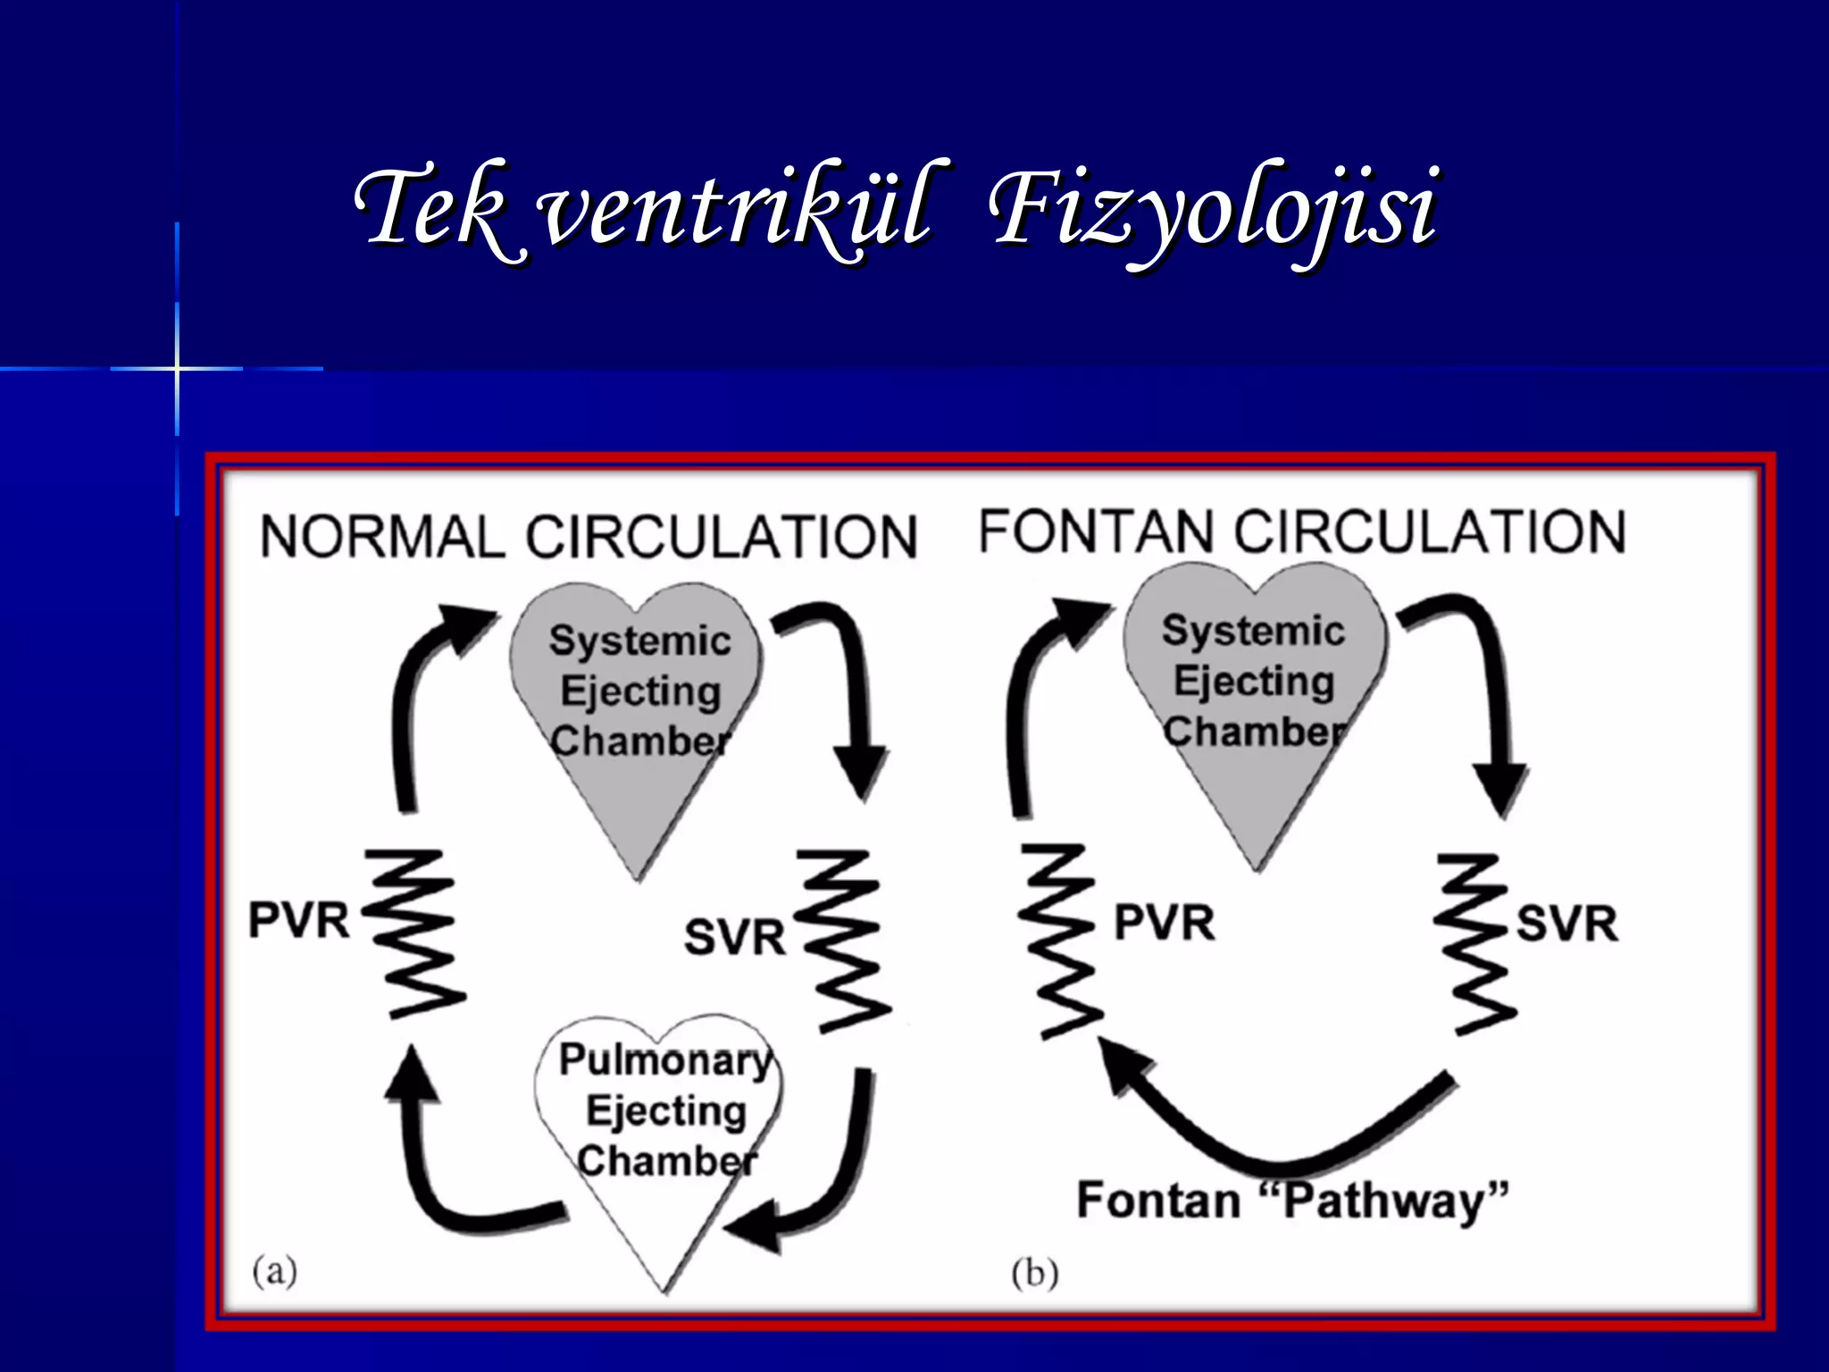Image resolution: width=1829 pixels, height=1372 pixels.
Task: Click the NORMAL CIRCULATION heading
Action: tap(589, 537)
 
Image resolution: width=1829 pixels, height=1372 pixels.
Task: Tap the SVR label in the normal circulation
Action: tap(734, 938)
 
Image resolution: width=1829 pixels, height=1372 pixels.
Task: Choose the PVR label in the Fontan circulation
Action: tap(1165, 923)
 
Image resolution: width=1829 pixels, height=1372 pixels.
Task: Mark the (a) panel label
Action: tap(274, 1269)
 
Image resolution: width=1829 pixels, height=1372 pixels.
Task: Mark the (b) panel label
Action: tap(1034, 1273)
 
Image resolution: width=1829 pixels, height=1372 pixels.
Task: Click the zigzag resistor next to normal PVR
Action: tap(415, 933)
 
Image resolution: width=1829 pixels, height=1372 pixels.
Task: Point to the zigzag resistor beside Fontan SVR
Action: tap(1478, 942)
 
